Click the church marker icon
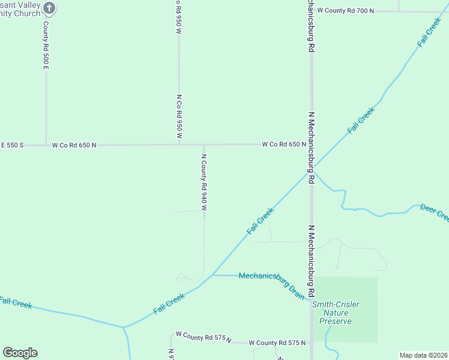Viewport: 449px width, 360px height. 50,8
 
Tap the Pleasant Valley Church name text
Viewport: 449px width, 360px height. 21,8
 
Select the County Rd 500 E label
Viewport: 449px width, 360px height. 45,46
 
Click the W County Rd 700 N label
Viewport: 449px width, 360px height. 346,10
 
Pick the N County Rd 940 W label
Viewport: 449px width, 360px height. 204,182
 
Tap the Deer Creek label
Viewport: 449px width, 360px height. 435,212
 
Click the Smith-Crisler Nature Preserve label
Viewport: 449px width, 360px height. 336,313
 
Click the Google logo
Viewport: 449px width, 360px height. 20,353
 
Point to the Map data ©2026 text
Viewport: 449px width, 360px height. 423,355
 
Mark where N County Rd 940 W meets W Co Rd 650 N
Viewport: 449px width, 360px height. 204,145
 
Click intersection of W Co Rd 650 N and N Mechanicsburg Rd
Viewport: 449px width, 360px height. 311,145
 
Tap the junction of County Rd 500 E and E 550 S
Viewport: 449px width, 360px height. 46,145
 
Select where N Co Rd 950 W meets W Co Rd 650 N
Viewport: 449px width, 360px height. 179,145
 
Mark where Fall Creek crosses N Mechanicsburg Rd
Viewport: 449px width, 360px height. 311,169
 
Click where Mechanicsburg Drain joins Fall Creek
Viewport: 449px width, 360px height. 212,275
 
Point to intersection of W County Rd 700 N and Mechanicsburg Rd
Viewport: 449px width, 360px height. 311,10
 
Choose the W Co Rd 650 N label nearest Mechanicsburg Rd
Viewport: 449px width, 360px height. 284,145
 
